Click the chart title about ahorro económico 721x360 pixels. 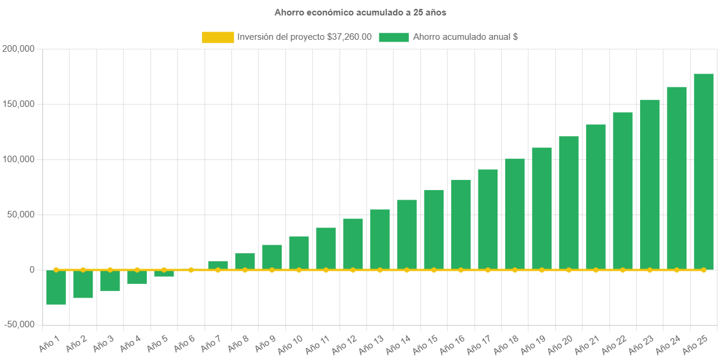point(360,12)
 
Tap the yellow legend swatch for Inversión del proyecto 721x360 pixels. point(218,37)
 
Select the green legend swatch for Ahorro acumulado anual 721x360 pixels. point(393,37)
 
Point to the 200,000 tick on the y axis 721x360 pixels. point(18,49)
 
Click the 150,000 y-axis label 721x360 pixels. point(18,104)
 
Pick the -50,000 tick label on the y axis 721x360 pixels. point(18,324)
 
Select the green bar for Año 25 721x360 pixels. point(703,172)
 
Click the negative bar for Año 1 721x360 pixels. point(56,288)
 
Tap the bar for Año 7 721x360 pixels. point(218,265)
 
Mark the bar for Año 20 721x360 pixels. point(569,203)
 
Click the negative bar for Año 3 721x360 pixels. point(110,280)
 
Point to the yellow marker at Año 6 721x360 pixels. point(191,270)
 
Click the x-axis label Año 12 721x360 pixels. point(345,342)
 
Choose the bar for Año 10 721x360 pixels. point(299,253)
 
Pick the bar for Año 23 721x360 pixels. point(650,185)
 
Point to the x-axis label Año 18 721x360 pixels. point(508,342)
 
